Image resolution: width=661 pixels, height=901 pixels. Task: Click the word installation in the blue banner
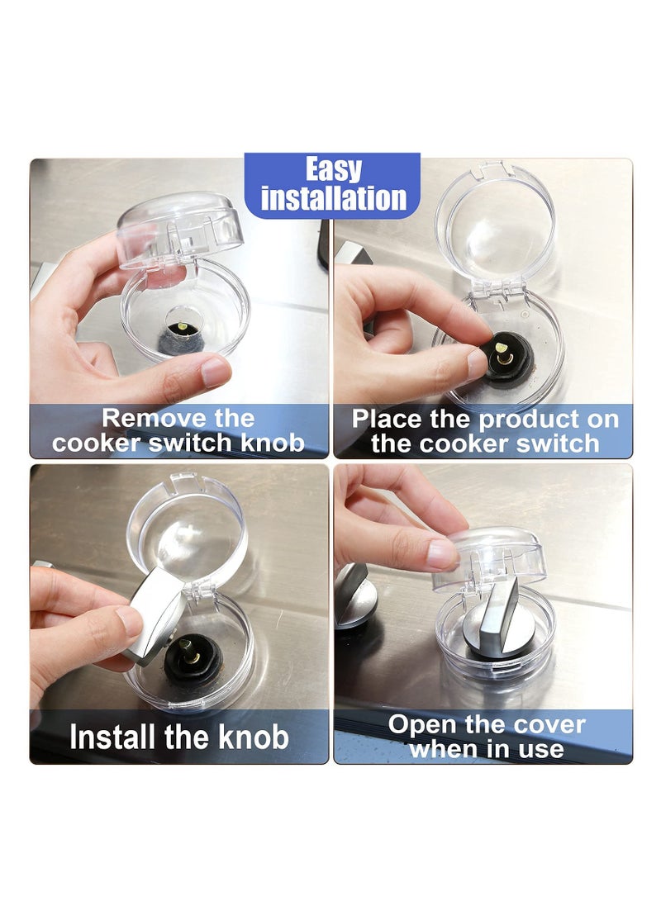click(334, 199)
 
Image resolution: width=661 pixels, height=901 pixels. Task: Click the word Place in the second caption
click(386, 419)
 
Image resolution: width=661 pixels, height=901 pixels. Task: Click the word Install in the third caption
click(116, 737)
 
